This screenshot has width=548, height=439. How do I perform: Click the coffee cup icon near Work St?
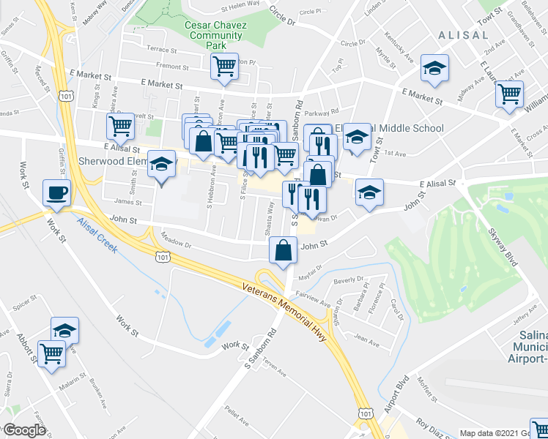56,193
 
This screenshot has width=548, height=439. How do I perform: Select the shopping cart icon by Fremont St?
224,67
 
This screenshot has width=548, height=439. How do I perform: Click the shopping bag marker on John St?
283,250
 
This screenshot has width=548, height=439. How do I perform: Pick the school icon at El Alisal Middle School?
357,137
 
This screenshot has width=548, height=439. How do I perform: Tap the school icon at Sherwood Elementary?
159,165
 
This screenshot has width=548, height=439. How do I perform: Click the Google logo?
24,430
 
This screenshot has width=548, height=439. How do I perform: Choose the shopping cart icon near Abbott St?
51,353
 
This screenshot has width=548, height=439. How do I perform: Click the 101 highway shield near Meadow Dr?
163,257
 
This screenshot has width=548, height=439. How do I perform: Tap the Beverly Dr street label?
348,279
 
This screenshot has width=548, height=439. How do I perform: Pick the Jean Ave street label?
366,339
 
